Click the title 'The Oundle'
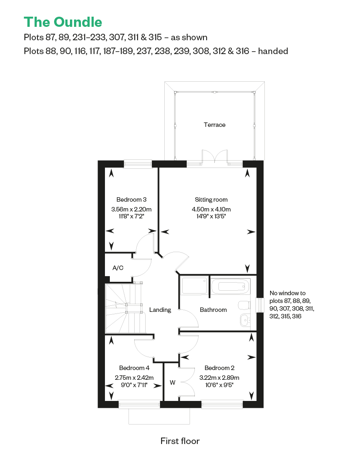click(x=63, y=22)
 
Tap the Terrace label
click(x=214, y=125)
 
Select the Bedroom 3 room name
click(x=131, y=199)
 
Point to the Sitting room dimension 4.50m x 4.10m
click(x=211, y=209)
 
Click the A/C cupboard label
click(x=118, y=268)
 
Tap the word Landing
click(x=160, y=310)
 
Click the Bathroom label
click(x=213, y=310)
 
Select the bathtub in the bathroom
click(x=230, y=285)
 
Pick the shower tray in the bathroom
click(x=194, y=285)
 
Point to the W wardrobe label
click(x=172, y=383)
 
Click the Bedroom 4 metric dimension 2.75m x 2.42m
click(x=134, y=378)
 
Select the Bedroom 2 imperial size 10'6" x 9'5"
click(x=219, y=385)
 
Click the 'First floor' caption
click(x=180, y=441)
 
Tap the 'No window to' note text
click(x=288, y=293)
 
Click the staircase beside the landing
click(x=125, y=309)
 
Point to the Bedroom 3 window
click(x=137, y=164)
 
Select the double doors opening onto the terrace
click(x=215, y=157)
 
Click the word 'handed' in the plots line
click(x=273, y=51)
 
